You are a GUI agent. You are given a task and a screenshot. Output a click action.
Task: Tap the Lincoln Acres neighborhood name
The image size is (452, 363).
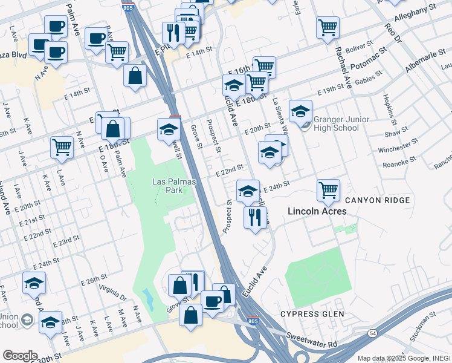(x=317, y=212)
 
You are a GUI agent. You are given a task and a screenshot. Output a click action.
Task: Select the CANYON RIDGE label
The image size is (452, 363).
(x=378, y=200)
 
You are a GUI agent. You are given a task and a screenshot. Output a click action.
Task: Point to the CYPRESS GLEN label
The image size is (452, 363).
(x=312, y=314)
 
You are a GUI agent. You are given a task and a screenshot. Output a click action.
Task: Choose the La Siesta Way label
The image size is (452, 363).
(x=280, y=115)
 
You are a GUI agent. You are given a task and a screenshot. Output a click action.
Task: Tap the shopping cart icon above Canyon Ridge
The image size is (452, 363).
(x=328, y=189)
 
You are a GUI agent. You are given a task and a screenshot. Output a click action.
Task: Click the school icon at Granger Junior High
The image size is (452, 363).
(x=300, y=111)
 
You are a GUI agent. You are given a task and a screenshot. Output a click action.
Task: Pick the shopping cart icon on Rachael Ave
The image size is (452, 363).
(x=328, y=26)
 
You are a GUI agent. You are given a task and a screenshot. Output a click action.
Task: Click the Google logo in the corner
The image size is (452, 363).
(x=19, y=356)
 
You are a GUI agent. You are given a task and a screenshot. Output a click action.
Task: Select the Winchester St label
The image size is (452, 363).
(x=398, y=146)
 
